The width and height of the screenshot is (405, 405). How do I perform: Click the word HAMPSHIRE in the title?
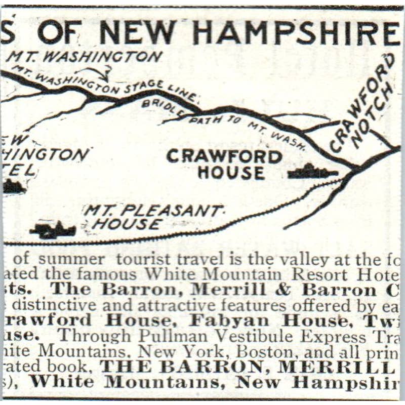tap(297, 33)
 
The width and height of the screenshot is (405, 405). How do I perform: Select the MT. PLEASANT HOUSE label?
tap(152, 217)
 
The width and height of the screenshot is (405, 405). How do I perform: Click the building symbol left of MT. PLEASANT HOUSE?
tap(52, 230)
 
